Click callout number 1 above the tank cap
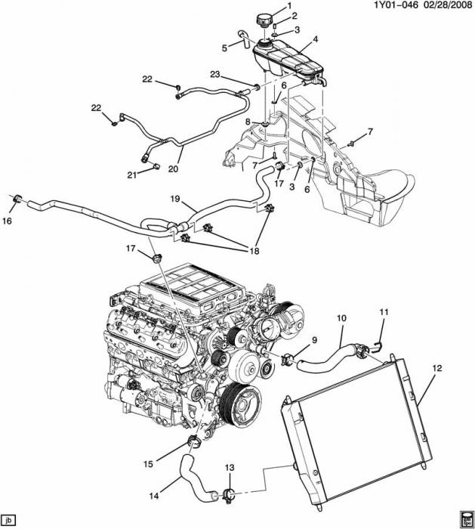[289, 5]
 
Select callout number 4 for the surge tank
[315, 39]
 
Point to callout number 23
[215, 74]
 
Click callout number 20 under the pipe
[173, 169]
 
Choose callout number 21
[132, 175]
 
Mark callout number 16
[7, 221]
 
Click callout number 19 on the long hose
[175, 199]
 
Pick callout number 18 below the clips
[254, 251]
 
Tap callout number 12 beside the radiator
[437, 368]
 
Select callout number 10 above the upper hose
[341, 318]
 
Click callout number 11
[384, 312]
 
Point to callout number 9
[314, 340]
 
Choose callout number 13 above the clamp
[230, 468]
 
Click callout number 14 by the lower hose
[154, 496]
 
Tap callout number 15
[148, 464]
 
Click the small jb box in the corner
[8, 519]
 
